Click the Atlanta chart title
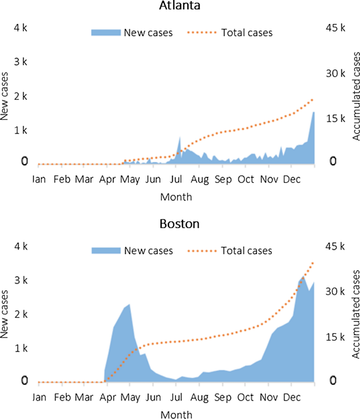[x=180, y=7]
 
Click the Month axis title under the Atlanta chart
[x=176, y=197]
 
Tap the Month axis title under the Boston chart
[x=176, y=415]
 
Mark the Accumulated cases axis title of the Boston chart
[x=355, y=314]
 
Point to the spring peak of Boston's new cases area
[x=129, y=304]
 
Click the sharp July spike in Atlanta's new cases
[x=180, y=137]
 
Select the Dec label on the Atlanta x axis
[x=292, y=179]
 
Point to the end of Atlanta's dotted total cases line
[x=313, y=99]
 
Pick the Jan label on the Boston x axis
[x=39, y=397]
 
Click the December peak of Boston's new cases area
[x=303, y=276]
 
